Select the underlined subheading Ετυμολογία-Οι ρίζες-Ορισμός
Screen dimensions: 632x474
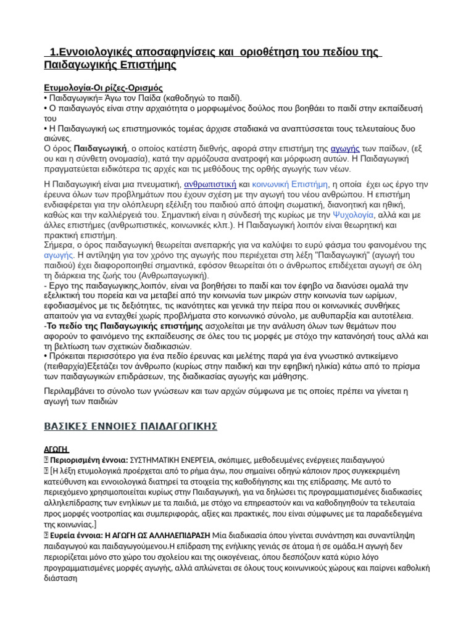103,88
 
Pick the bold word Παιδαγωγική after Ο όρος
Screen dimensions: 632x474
100,149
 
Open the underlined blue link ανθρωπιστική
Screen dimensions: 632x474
210,183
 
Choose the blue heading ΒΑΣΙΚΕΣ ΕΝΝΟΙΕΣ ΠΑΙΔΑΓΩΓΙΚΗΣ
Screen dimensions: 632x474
131,426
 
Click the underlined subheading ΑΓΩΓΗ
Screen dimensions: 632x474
56,449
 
